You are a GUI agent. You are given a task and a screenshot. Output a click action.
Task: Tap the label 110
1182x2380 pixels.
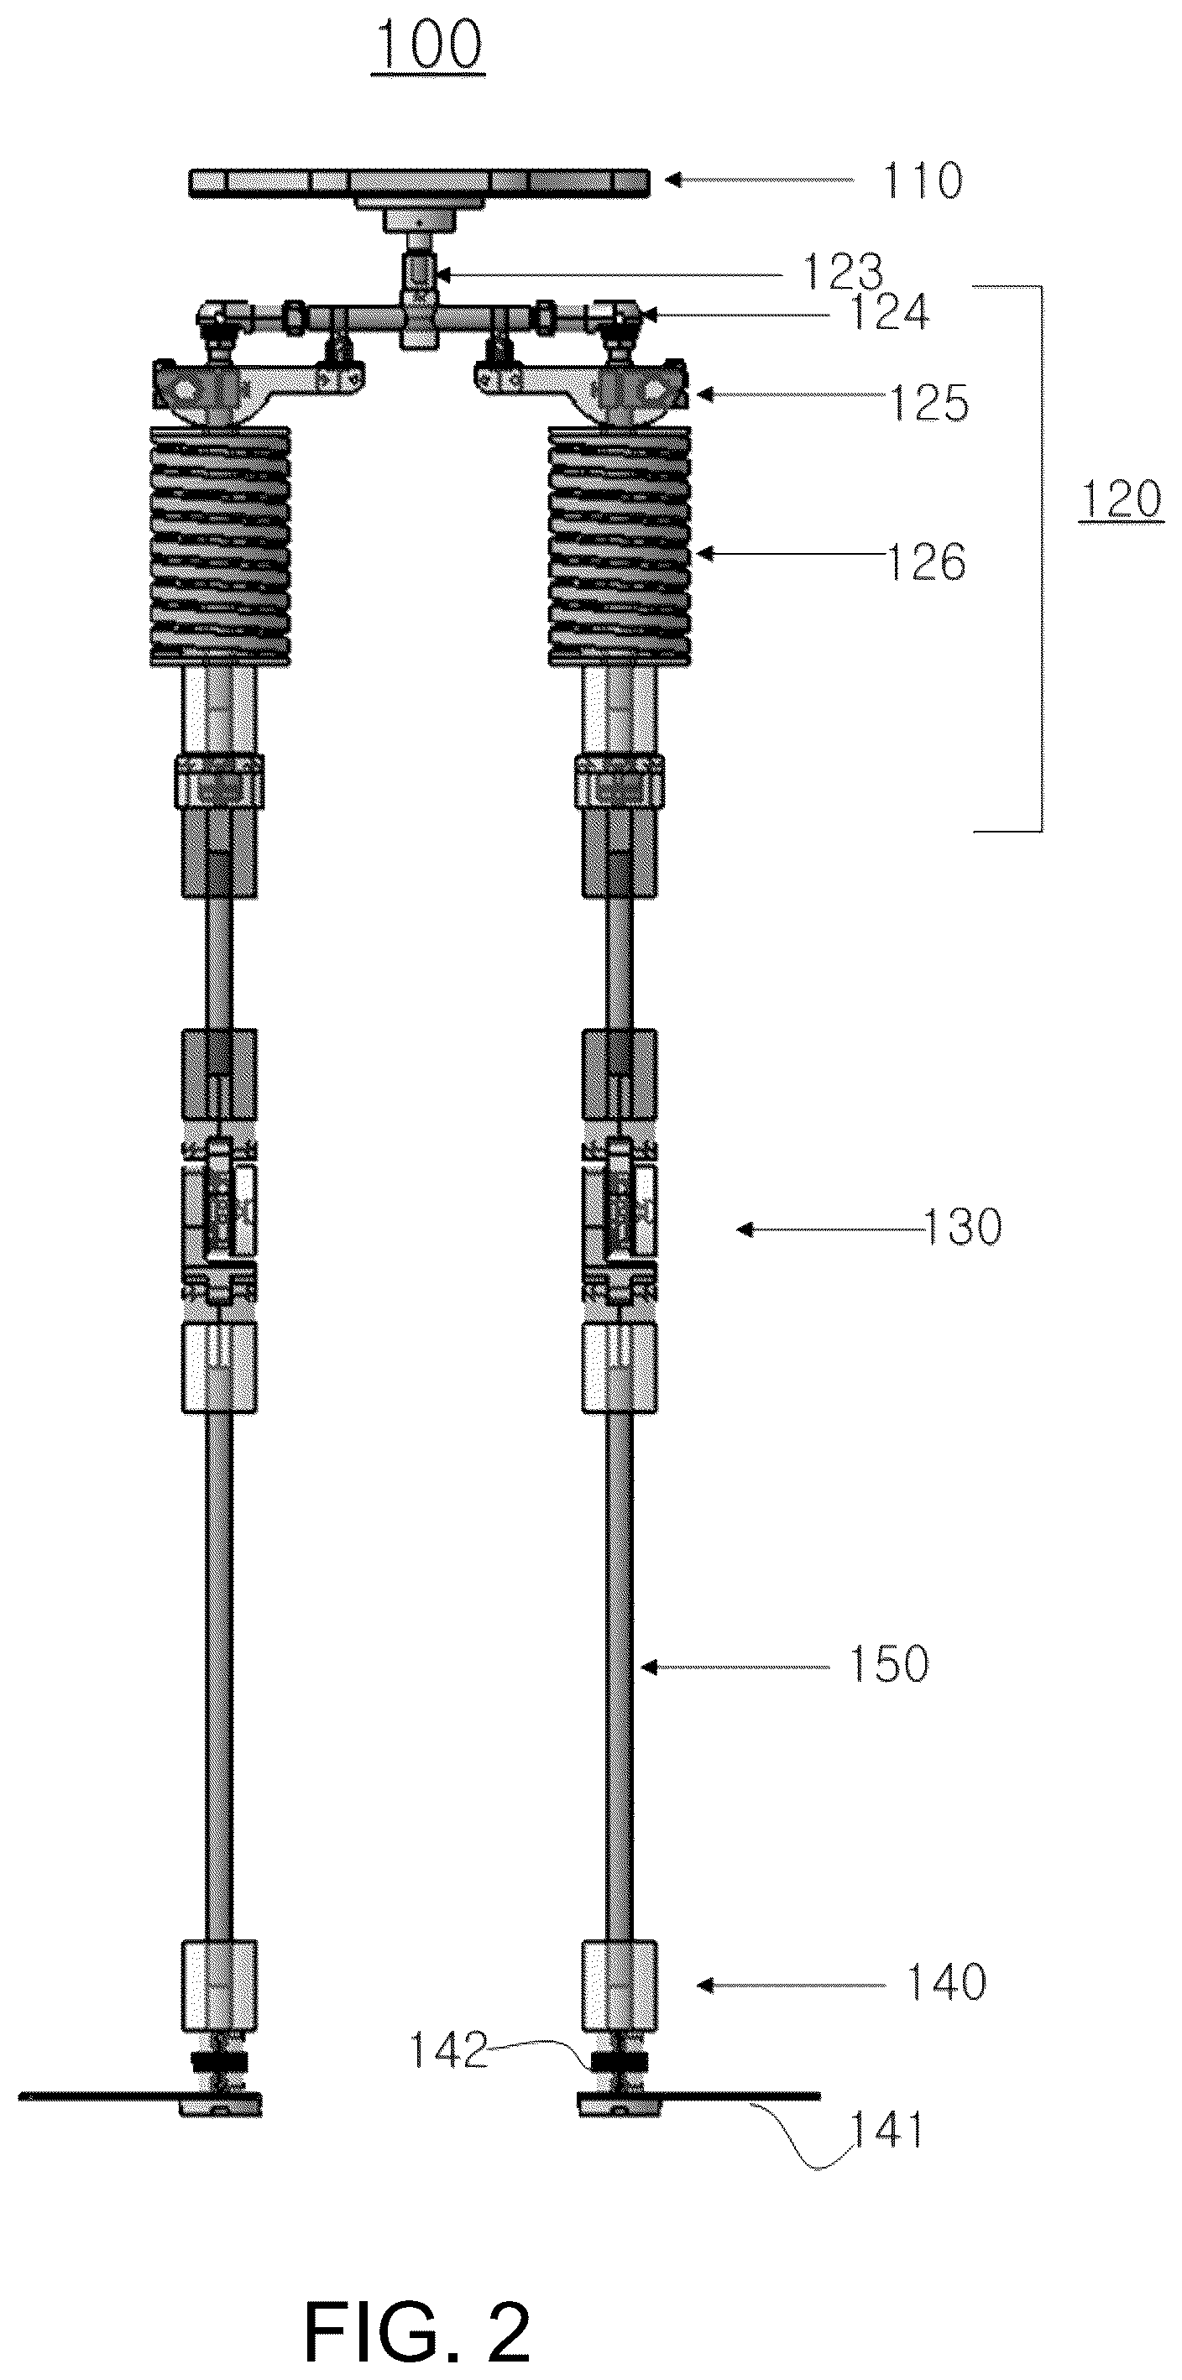tap(923, 181)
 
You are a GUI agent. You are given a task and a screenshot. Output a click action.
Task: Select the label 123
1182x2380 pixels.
tap(842, 273)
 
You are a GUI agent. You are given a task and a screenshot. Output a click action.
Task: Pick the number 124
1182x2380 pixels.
tap(888, 312)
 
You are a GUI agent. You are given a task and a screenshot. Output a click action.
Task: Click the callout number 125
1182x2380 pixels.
tap(928, 403)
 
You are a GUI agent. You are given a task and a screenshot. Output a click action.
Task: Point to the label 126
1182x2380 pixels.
tap(926, 561)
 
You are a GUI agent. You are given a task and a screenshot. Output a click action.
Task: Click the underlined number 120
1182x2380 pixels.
tap(1120, 500)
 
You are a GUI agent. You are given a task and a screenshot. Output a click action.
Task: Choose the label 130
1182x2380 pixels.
tap(961, 1228)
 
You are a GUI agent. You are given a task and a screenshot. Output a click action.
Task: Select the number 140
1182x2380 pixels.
tap(946, 1981)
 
